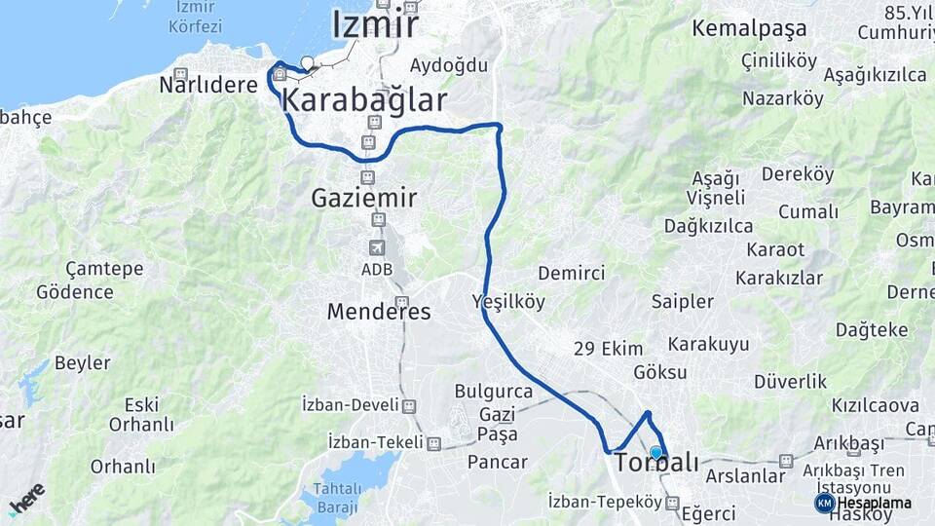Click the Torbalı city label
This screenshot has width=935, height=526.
[657, 463]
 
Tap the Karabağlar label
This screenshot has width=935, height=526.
[364, 100]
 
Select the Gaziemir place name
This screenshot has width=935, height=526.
[364, 199]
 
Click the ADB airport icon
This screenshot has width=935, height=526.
[377, 247]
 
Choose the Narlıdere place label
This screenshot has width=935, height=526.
[208, 84]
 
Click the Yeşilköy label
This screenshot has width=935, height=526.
[508, 301]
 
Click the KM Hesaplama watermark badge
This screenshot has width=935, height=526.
[863, 503]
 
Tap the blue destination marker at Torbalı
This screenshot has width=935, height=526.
[656, 452]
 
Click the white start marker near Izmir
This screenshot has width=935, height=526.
[308, 64]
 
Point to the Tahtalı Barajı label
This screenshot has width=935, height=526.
[334, 497]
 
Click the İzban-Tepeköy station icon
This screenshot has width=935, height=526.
[672, 503]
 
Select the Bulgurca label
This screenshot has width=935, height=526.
[494, 392]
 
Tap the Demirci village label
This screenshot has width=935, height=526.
[572, 274]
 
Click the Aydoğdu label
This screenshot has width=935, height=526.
[448, 65]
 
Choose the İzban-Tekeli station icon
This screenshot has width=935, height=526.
[434, 441]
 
